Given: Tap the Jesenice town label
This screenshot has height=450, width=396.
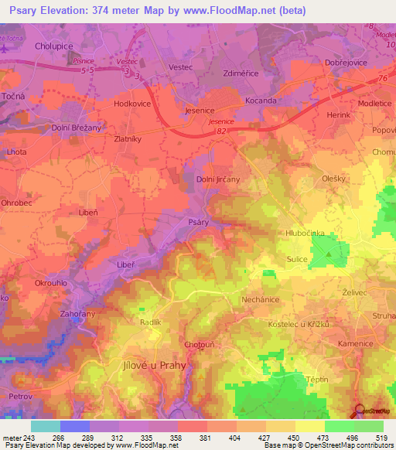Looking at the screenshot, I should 200,111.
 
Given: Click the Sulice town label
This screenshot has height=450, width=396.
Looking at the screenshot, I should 297,261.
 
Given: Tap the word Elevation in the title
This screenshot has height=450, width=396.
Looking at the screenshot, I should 66,10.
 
